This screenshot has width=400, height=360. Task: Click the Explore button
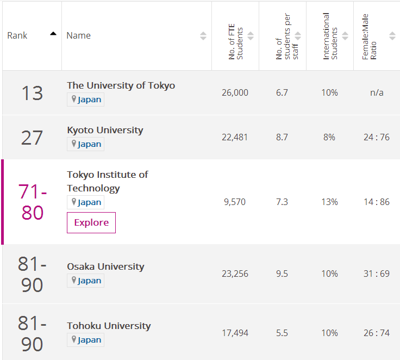click(x=91, y=222)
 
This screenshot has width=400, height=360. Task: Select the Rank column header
click(x=17, y=35)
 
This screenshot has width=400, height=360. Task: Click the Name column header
click(x=79, y=35)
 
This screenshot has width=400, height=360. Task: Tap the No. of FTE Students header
click(x=235, y=36)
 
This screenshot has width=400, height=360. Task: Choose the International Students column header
click(x=329, y=36)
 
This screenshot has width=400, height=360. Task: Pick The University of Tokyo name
click(x=121, y=85)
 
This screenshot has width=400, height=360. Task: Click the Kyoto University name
click(x=105, y=130)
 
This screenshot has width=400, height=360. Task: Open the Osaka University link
click(x=105, y=266)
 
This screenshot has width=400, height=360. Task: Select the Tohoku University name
click(x=109, y=326)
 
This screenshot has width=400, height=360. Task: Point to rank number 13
click(x=32, y=93)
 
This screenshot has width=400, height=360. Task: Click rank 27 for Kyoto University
click(x=32, y=138)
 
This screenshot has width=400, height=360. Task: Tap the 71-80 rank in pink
click(x=33, y=202)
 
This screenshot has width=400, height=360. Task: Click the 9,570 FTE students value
click(x=235, y=202)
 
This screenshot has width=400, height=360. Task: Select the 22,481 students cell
click(x=235, y=137)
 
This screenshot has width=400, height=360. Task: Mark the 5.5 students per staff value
click(x=282, y=333)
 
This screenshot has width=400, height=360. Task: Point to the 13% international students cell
click(x=329, y=202)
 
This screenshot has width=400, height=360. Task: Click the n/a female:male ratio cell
click(x=377, y=92)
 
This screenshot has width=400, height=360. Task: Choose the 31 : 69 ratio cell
click(x=377, y=274)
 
